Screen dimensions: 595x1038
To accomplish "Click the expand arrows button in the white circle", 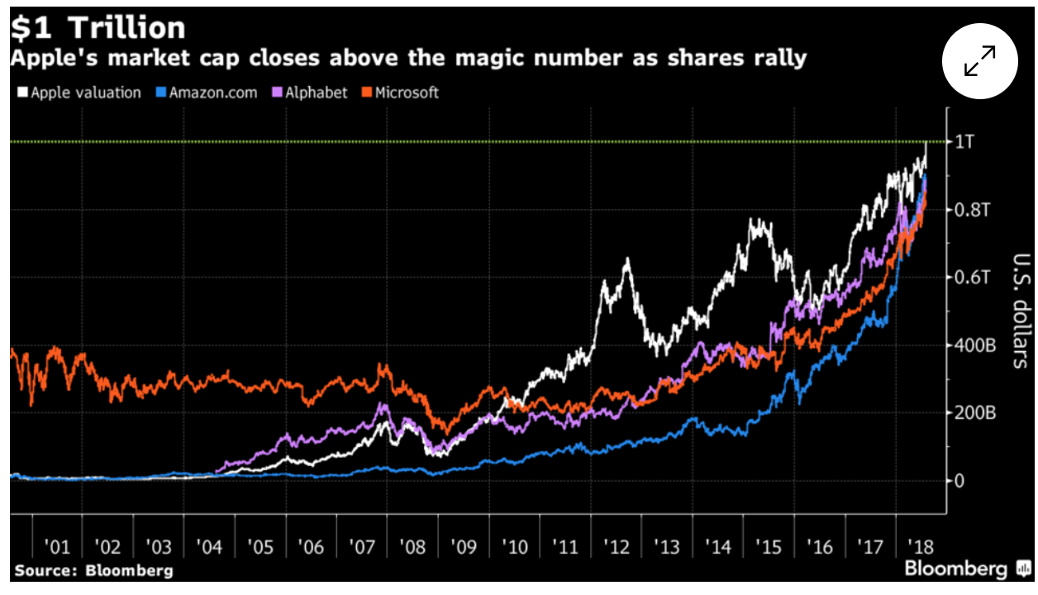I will (980, 62).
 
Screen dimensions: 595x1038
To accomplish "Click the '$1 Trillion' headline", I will (98, 28).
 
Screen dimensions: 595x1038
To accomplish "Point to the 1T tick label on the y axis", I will (965, 142).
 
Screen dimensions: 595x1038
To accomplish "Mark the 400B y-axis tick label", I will (976, 345).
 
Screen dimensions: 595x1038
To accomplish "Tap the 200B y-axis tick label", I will (976, 412).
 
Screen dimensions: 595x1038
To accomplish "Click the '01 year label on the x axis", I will (57, 547).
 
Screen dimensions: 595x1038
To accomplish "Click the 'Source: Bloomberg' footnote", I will (93, 570).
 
